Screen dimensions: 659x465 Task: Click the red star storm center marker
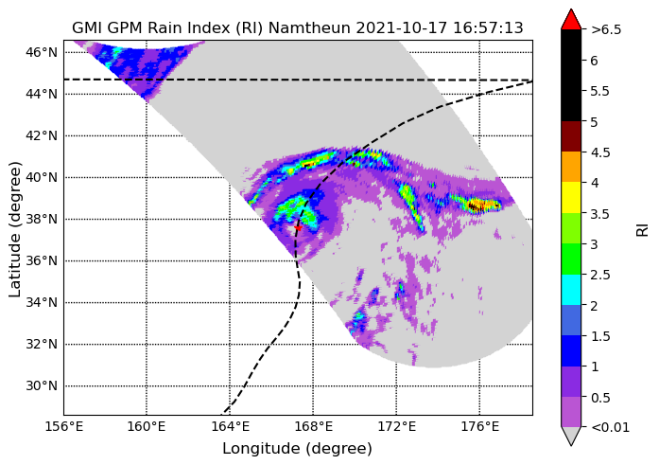point(298,227)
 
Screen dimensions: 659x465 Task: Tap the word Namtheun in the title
point(309,28)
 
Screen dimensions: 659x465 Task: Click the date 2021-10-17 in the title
point(402,28)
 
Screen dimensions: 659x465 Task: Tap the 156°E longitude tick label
point(64,427)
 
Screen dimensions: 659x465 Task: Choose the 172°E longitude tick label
point(397,427)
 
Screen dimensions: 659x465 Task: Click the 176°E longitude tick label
point(480,427)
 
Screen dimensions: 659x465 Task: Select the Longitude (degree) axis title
point(297,449)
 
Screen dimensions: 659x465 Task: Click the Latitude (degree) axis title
point(14,229)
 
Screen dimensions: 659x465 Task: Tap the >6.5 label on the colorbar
point(606,30)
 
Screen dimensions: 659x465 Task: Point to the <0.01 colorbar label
point(610,428)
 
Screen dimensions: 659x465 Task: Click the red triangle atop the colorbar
point(571,19)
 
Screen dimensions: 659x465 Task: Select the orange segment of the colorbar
point(571,167)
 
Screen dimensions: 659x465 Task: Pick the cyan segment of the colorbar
point(571,290)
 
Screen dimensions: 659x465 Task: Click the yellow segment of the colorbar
point(571,197)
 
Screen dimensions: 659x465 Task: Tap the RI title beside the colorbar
point(642,230)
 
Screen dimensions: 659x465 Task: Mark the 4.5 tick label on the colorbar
point(600,152)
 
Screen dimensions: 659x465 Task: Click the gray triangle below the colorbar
point(571,436)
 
